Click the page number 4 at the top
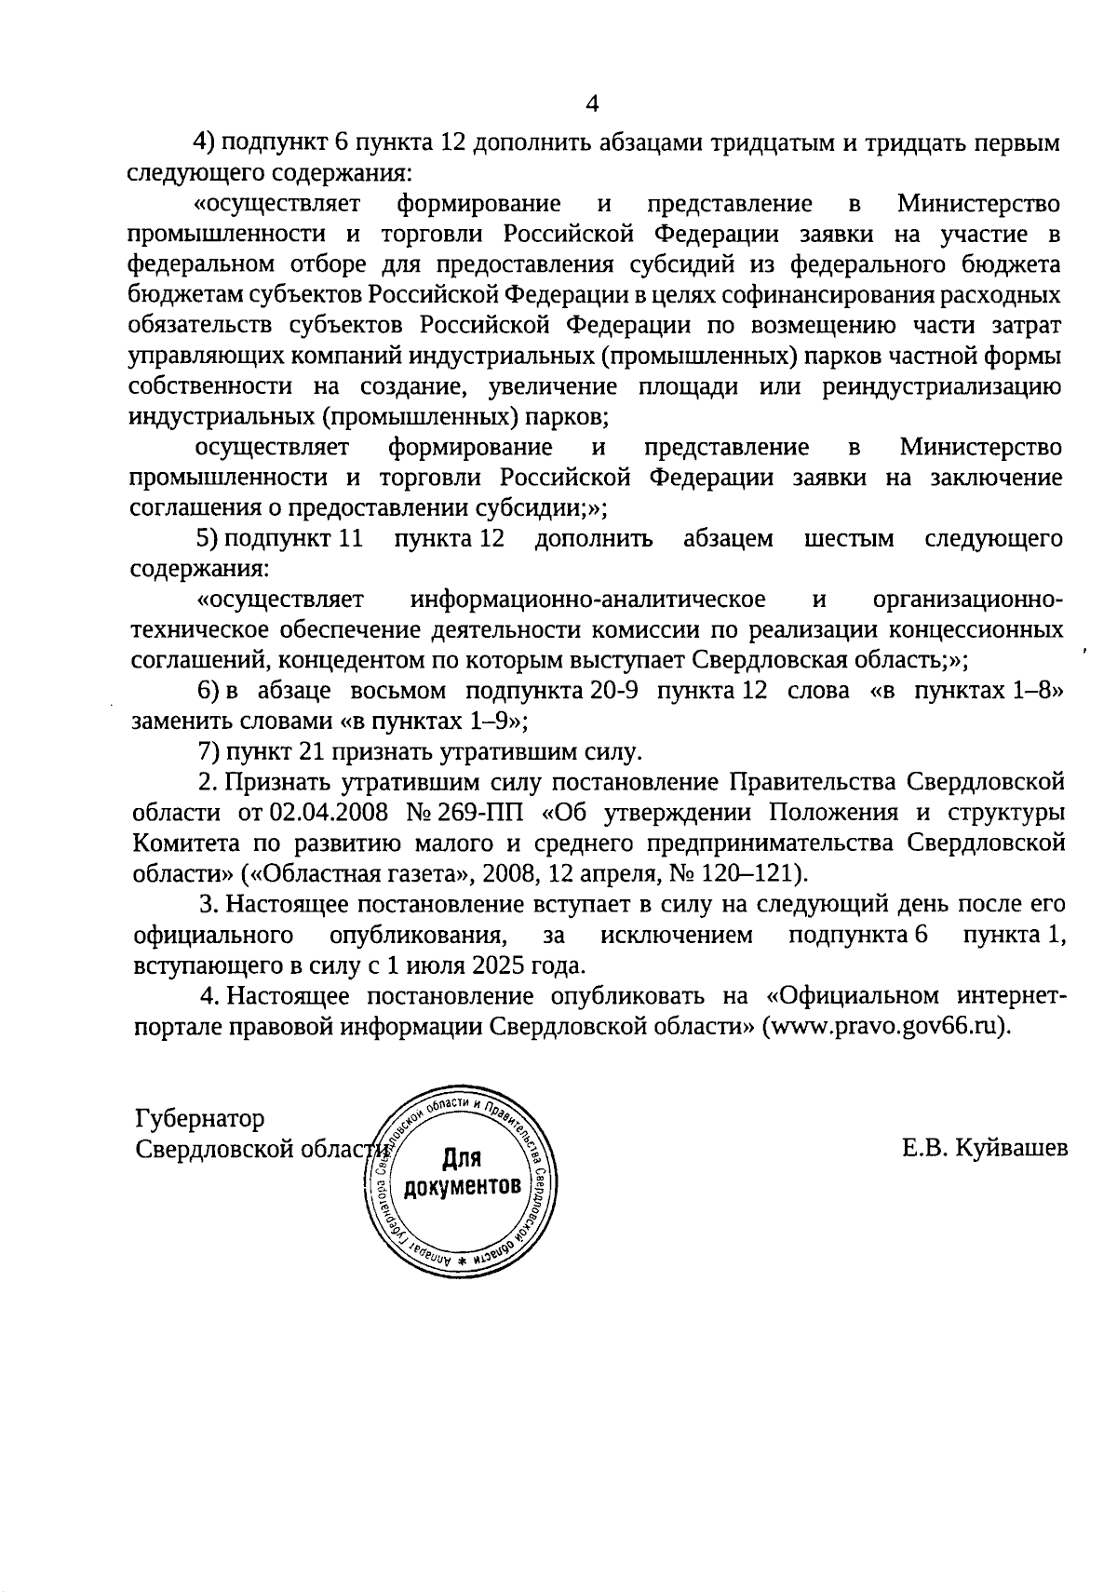click(592, 102)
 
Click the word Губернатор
click(199, 1118)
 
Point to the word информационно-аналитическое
click(587, 599)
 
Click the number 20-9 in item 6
click(613, 691)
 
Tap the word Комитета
click(185, 843)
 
